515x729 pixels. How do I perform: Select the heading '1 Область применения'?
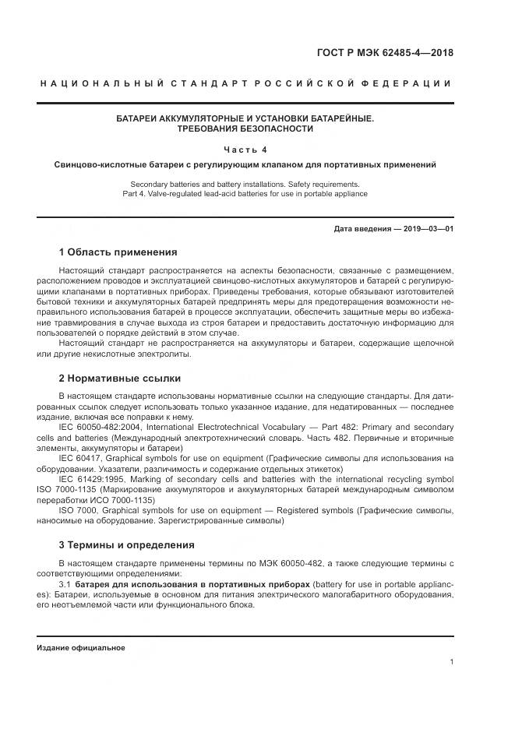tap(118, 252)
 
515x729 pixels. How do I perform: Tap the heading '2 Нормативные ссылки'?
tap(119, 379)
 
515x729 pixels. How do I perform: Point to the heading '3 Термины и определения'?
tap(126, 544)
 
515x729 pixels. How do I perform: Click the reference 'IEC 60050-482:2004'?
tap(99, 428)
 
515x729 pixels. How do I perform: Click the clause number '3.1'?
tap(65, 584)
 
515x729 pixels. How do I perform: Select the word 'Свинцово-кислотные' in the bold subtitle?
tap(103, 165)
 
